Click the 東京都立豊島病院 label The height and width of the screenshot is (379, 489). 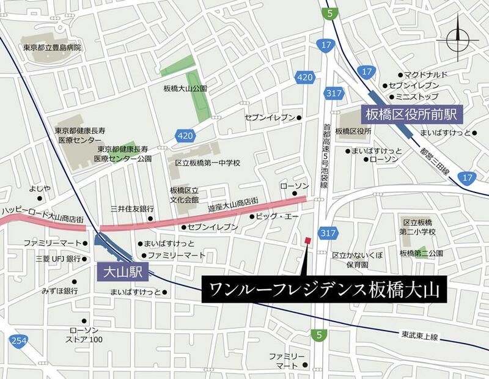click(x=52, y=48)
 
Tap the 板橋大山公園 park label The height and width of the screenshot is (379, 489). click(x=185, y=89)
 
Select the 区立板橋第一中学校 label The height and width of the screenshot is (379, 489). click(x=208, y=163)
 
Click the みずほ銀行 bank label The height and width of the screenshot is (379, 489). click(x=59, y=291)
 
